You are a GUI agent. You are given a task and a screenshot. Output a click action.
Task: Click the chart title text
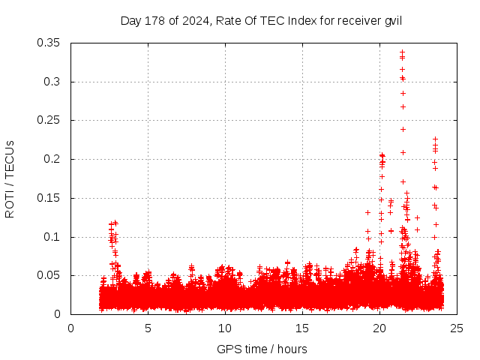(261, 20)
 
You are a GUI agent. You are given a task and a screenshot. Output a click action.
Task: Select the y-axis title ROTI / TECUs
(10, 178)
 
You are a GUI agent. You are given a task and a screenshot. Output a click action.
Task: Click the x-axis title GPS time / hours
(262, 349)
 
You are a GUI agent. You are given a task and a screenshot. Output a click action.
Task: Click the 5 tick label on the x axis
(148, 327)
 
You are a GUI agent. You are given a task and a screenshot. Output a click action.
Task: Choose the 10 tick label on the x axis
(225, 327)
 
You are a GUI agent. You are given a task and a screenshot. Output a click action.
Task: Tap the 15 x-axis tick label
(302, 327)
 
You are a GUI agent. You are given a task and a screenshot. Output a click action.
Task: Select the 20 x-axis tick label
(379, 327)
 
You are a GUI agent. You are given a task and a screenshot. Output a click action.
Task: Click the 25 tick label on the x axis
(457, 327)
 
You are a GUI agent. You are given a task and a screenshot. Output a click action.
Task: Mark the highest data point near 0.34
(402, 52)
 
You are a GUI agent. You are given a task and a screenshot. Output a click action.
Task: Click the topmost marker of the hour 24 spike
(435, 139)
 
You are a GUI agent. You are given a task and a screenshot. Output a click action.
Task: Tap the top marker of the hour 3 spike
(115, 223)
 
